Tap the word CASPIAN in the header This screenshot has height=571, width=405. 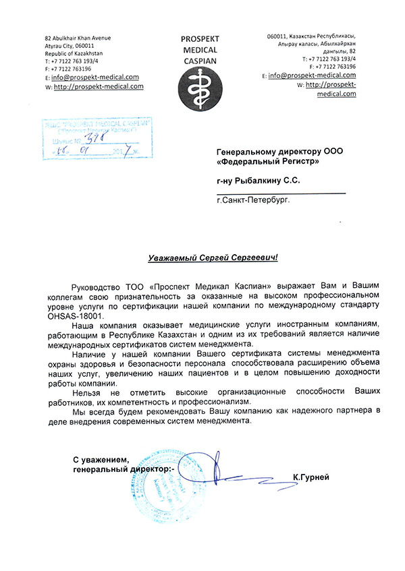click(x=200, y=59)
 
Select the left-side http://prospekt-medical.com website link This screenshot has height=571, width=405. click(x=99, y=86)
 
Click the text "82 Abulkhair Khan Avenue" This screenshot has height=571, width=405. click(x=78, y=38)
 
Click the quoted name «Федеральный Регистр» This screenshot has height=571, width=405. click(x=267, y=162)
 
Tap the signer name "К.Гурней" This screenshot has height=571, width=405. click(x=310, y=477)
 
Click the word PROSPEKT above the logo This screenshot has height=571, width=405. click(x=200, y=39)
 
